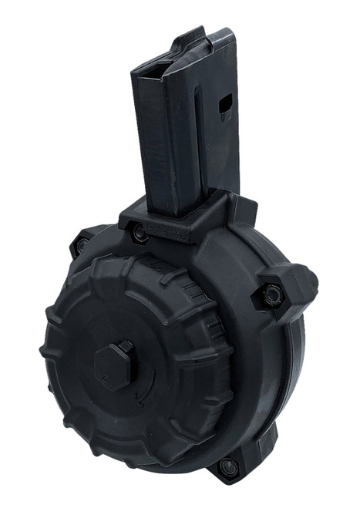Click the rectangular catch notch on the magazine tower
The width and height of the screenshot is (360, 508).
click(x=224, y=106)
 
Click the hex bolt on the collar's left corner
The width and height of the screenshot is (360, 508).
click(x=138, y=231)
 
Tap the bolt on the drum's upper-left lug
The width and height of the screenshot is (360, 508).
click(x=79, y=246)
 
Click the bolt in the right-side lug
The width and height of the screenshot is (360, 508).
click(x=271, y=294)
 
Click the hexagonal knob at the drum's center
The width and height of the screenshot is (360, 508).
click(x=116, y=367)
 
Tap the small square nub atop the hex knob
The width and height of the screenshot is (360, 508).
click(x=125, y=349)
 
